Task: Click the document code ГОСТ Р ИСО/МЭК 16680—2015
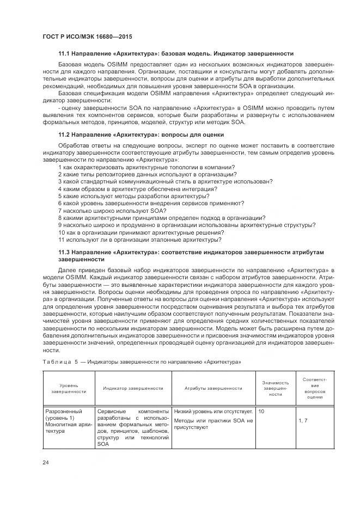click(87, 37)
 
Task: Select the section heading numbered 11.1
click(176, 54)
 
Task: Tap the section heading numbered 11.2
click(141, 134)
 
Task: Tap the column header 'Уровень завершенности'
click(69, 388)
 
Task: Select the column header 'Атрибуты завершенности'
click(213, 388)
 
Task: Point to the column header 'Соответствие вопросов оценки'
click(314, 388)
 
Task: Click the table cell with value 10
click(261, 412)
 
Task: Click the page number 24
click(46, 463)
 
